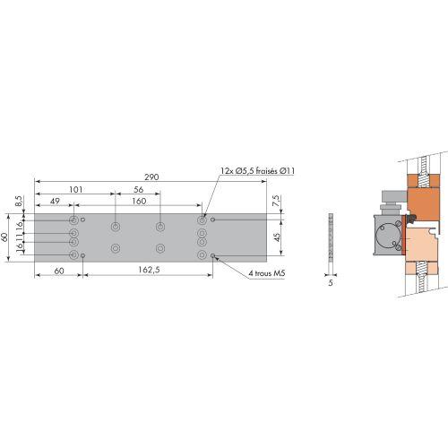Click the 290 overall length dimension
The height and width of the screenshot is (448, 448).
pyautogui.click(x=151, y=177)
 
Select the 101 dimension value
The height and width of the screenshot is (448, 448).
pyautogui.click(x=76, y=189)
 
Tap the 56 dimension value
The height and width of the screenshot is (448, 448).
pyautogui.click(x=138, y=189)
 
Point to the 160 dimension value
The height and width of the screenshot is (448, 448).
pyautogui.click(x=138, y=201)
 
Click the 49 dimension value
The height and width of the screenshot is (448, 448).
pyautogui.click(x=55, y=201)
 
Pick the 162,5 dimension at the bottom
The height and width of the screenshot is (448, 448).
pyautogui.click(x=150, y=269)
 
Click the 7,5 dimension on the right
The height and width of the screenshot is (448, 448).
pyautogui.click(x=275, y=203)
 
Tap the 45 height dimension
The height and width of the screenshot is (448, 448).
pyautogui.click(x=276, y=237)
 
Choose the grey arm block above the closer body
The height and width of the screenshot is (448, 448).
pyautogui.click(x=392, y=202)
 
